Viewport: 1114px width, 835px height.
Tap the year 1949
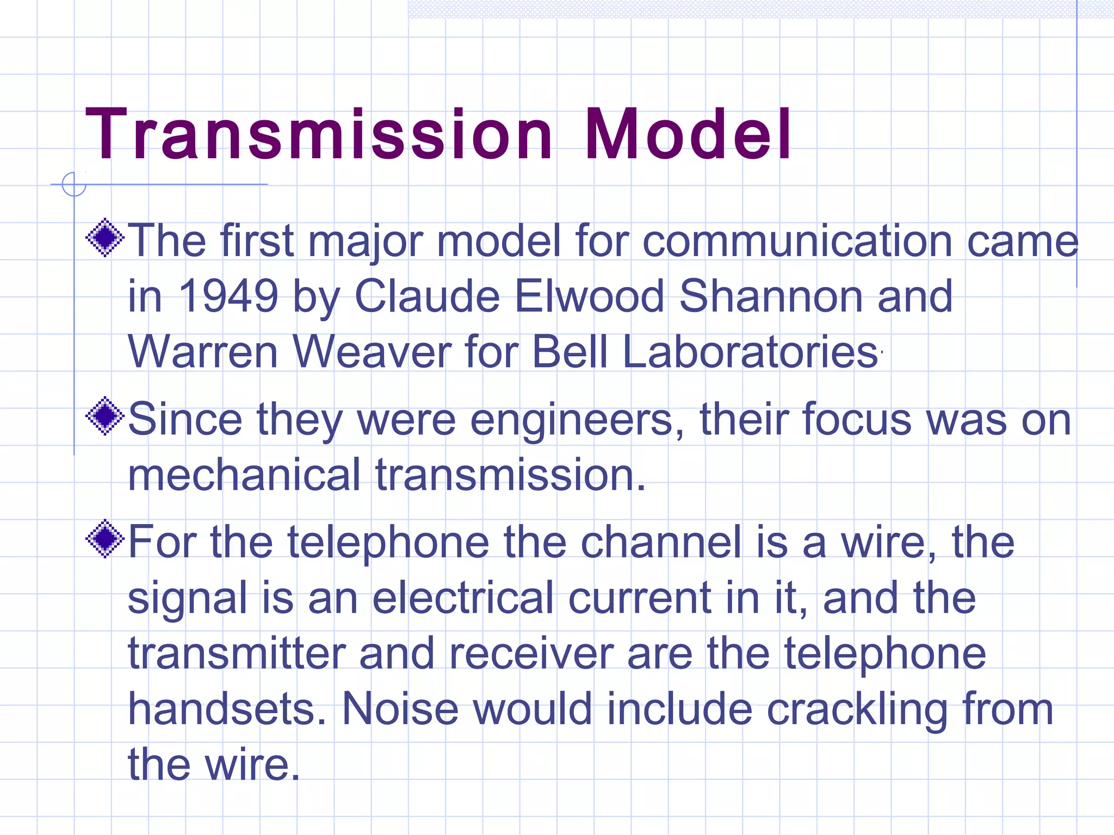228,296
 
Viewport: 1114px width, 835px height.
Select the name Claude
427,296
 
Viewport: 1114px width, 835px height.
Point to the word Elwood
589,296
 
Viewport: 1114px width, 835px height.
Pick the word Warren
203,352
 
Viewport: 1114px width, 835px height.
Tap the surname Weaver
372,352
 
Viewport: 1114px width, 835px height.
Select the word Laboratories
750,352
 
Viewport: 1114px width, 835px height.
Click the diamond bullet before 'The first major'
105,238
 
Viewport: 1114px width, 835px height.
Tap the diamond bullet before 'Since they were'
105,416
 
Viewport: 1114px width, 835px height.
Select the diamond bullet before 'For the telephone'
105,539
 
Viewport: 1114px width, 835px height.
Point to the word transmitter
237,653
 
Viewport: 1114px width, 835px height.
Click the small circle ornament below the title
74,184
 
